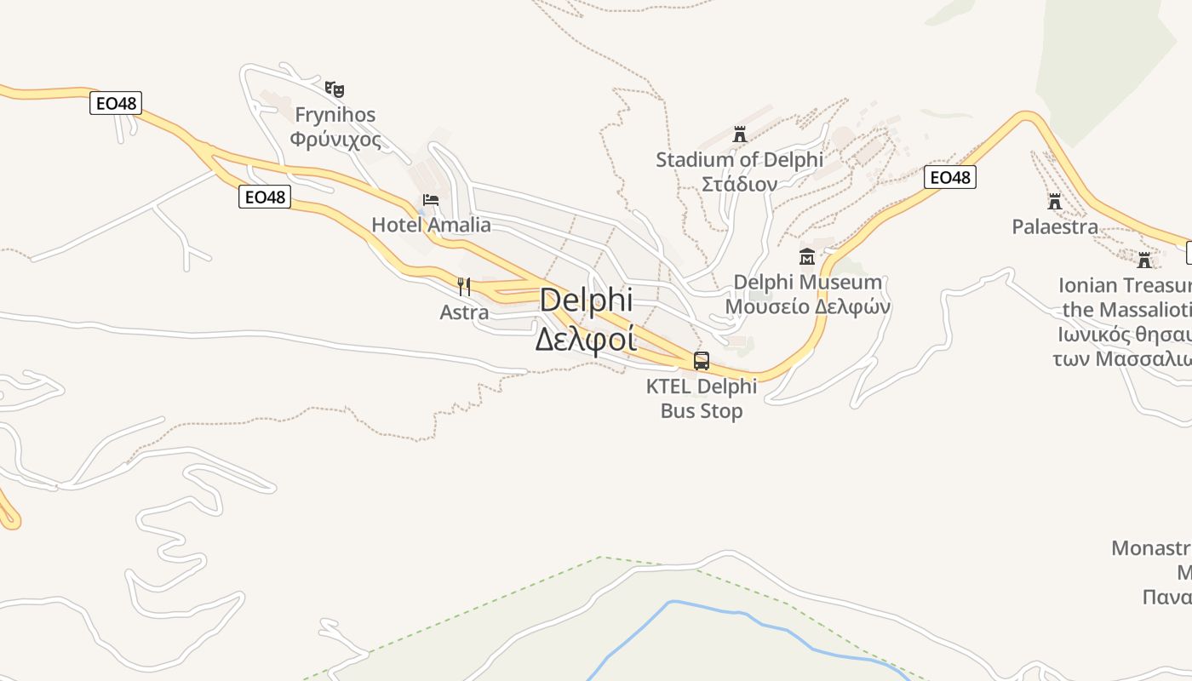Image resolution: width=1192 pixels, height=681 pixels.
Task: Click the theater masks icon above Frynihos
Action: pos(335,89)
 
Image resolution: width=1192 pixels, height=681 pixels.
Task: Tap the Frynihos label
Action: pos(335,114)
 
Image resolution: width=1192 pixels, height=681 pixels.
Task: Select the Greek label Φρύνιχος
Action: pos(335,139)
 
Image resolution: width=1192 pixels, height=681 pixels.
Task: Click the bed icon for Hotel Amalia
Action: pos(431,200)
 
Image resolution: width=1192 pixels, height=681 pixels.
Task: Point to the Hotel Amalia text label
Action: pos(431,225)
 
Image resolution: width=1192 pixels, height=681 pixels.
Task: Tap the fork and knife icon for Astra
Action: pos(464,286)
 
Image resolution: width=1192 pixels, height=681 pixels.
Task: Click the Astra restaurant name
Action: pos(464,312)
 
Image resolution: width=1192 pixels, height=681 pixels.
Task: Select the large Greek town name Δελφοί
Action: pos(586,339)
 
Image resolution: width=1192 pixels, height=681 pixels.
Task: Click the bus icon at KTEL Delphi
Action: pos(702,360)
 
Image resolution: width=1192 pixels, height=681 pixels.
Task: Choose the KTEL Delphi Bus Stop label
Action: pos(702,398)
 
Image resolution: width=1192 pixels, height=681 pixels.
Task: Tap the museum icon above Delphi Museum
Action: pos(807,256)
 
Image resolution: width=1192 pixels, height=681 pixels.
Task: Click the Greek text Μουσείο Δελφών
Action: pos(807,306)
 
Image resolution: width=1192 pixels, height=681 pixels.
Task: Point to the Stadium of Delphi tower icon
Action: pos(739,134)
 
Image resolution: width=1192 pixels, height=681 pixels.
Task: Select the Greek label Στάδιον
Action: pos(739,184)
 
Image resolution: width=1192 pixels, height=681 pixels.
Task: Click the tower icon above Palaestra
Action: pos(1055,202)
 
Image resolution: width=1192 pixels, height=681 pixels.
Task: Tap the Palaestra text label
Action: pos(1055,226)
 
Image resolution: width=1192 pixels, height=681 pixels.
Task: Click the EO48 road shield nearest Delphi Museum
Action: pos(949,177)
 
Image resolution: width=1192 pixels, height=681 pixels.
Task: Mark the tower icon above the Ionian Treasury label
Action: pos(1144,260)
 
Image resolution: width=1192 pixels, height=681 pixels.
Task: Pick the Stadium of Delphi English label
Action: pos(739,159)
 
